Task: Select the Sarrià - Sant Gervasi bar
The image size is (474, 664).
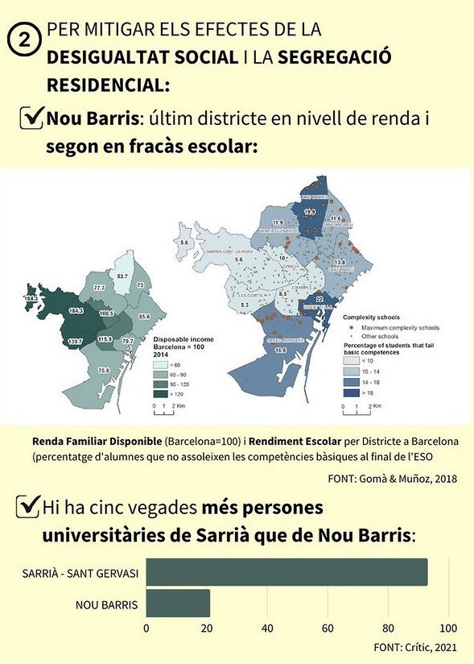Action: point(286,572)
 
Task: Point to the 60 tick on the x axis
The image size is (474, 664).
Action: point(328,629)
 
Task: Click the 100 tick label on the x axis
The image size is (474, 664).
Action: point(449,629)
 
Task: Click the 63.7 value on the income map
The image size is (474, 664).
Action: point(122,276)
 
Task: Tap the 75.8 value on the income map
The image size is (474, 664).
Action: point(104,370)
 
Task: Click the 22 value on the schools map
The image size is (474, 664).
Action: point(319,299)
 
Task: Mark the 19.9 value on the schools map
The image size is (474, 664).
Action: point(310,212)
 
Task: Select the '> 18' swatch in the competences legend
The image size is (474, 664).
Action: point(351,392)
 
